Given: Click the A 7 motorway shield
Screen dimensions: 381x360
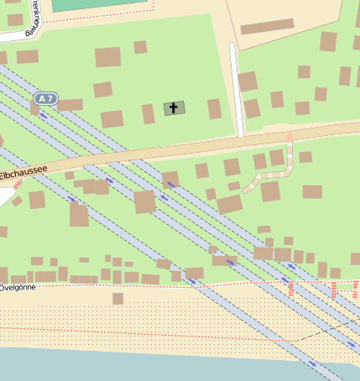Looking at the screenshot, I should [x=46, y=99].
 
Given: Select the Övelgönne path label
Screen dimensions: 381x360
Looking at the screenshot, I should [x=17, y=287].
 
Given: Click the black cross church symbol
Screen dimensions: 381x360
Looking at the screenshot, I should [x=175, y=107].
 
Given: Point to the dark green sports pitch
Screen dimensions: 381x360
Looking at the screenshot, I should [x=101, y=5].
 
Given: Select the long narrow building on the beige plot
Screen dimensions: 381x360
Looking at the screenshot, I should [x=267, y=27].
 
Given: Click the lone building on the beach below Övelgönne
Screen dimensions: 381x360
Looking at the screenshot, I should [x=118, y=298].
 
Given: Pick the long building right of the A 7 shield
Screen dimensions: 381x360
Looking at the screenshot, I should [x=70, y=105].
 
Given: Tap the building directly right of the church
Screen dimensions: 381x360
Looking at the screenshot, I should [x=214, y=109].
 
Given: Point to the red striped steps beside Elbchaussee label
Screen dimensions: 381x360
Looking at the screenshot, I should [x=18, y=183].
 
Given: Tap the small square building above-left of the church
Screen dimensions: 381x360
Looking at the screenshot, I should [x=140, y=48].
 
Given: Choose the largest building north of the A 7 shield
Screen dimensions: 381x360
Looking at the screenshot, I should [x=107, y=57].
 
